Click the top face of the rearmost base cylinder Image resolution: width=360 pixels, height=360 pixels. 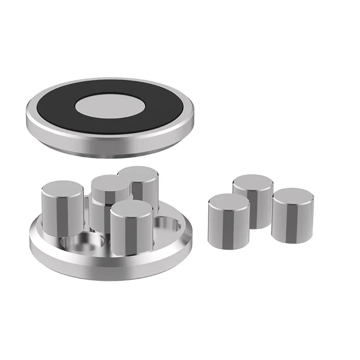pos(139,173)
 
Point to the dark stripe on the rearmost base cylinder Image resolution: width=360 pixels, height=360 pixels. pos(145,193)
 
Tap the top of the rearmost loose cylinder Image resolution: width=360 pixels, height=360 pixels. pos(253,183)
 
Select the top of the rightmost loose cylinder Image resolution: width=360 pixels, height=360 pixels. pos(292,197)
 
